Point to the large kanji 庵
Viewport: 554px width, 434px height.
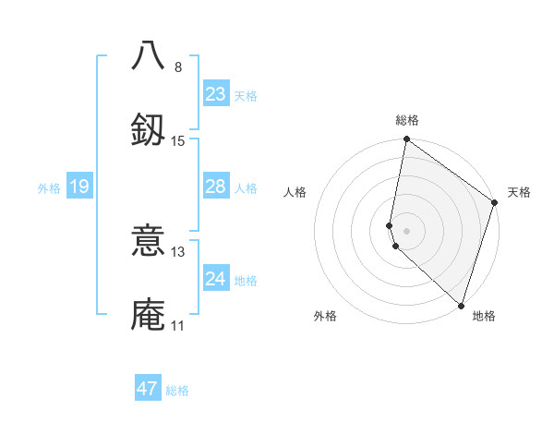(x=148, y=313)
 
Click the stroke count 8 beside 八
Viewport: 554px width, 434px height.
(x=178, y=66)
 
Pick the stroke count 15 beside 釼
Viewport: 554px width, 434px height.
(x=178, y=140)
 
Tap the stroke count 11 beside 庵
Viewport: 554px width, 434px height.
(x=178, y=326)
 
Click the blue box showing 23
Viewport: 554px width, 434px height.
(x=216, y=94)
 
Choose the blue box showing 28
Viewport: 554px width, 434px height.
(x=216, y=187)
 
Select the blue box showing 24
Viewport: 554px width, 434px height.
(x=216, y=279)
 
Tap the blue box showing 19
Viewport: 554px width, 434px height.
(x=79, y=187)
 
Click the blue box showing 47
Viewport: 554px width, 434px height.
(x=148, y=389)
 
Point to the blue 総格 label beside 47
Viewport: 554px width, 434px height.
(x=177, y=391)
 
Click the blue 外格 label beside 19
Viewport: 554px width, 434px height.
(x=49, y=188)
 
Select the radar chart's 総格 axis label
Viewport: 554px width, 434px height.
(x=407, y=120)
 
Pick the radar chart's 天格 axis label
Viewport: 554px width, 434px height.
(x=519, y=192)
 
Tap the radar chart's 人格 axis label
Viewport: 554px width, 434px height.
(x=295, y=192)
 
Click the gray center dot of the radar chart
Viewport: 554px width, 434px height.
(x=407, y=230)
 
